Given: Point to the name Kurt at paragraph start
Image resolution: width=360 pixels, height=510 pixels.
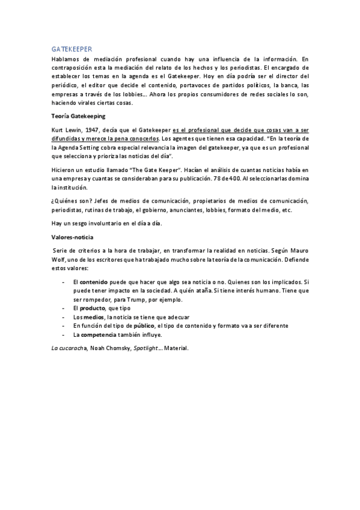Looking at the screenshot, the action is (57, 129).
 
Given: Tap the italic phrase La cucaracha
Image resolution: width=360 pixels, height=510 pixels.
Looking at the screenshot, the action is (68, 347).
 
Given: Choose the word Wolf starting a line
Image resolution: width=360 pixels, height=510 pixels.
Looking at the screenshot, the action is (57, 258).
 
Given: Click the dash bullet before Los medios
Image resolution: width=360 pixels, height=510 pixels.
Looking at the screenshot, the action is (63, 316).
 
